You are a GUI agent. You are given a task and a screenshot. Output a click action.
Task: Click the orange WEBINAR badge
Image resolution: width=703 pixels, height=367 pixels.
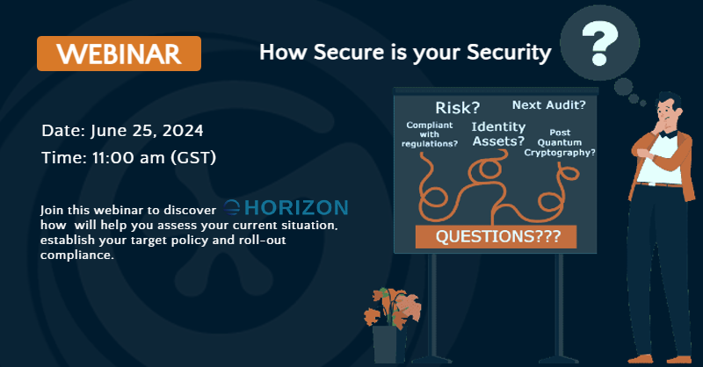pos(119,54)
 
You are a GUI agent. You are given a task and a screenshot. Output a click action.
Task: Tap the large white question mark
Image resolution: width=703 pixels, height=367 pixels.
pos(600,44)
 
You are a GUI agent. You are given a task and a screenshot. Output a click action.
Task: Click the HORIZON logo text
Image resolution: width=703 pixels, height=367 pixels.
pos(286,207)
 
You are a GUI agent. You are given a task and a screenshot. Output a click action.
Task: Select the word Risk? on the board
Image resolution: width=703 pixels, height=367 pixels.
pos(457,107)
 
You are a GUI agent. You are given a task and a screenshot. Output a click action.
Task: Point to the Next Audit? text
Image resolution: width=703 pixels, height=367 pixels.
pos(548,104)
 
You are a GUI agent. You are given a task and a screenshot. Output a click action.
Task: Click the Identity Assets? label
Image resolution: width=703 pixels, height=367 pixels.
pos(498,134)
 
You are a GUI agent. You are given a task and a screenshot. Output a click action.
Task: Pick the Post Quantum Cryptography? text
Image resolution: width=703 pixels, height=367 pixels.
pos(560,142)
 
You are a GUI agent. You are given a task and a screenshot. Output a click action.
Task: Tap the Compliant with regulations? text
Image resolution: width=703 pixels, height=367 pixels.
pos(430,134)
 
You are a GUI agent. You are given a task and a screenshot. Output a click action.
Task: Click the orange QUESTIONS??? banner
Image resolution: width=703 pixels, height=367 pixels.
pos(496,236)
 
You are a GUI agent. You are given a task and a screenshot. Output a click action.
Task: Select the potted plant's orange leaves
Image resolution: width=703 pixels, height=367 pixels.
pos(392,307)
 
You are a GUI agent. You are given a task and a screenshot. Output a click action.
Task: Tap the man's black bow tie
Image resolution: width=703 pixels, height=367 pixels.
pos(668,133)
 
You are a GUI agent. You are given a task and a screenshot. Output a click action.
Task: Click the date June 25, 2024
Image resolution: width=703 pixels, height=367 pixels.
pos(147,131)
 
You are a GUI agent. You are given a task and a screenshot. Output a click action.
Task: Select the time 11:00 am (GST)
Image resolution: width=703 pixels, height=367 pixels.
pos(155,158)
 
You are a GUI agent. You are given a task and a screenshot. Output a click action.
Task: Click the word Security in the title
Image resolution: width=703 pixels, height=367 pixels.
pos(509,53)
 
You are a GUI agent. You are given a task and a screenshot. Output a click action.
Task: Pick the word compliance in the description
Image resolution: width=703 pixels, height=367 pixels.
pos(77,255)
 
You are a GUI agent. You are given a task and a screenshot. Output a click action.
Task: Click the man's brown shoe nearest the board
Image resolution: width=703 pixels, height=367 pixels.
pos(641,359)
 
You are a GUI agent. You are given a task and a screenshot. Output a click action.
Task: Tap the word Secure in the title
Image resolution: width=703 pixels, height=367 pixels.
pos(348,52)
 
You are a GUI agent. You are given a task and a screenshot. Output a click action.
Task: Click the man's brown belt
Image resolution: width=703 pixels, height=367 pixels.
pos(659,183)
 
